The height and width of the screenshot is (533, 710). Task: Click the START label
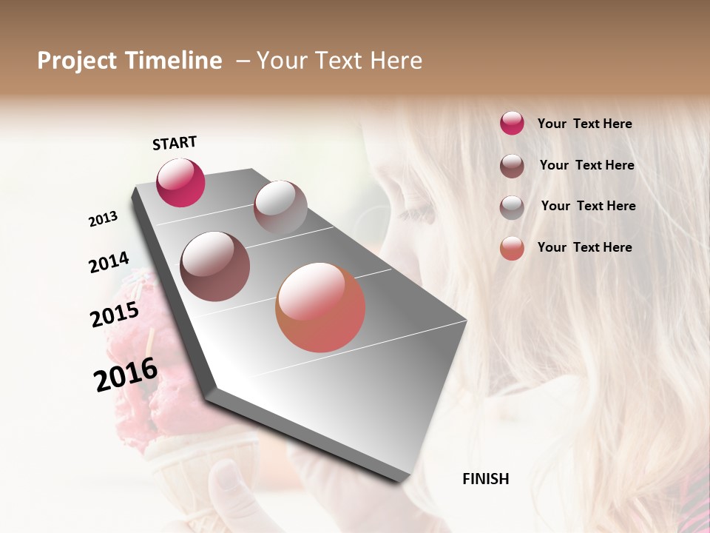pos(175,143)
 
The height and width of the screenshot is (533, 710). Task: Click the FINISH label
pos(485,479)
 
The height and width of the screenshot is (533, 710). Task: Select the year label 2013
pos(103,219)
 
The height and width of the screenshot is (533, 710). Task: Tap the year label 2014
pos(109,263)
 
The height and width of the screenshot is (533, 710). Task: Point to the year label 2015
pos(115,315)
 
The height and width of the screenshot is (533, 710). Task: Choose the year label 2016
pos(126,375)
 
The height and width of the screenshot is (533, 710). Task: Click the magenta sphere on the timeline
pos(180,182)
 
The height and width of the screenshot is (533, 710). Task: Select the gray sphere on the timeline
pos(280,207)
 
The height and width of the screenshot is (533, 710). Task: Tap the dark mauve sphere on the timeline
pos(214,266)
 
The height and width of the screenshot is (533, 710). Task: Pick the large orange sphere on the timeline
pos(320,307)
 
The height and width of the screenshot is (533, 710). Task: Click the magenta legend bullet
pos(512,123)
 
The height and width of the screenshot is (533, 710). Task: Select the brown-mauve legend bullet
pos(512,165)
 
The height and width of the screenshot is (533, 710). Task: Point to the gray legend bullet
pos(512,207)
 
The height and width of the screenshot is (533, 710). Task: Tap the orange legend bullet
pos(512,248)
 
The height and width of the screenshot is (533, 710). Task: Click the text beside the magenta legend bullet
pos(584,124)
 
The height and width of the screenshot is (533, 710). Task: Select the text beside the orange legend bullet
pos(584,247)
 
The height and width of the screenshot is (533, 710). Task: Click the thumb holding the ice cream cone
pos(230,481)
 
